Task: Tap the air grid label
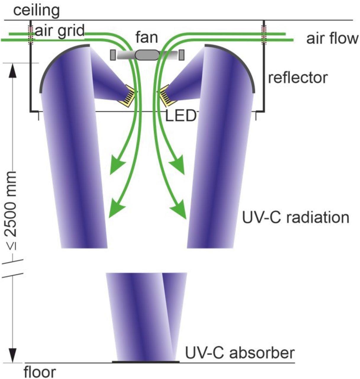[x=59, y=30]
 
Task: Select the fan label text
[x=146, y=38]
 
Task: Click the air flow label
[x=332, y=38]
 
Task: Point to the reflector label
[x=298, y=78]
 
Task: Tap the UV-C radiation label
[x=296, y=217]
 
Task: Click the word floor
[x=40, y=372]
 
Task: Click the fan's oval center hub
[x=147, y=55]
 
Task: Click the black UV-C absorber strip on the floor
[x=146, y=362]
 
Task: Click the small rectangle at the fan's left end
[x=113, y=55]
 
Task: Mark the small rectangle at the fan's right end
[x=182, y=54]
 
